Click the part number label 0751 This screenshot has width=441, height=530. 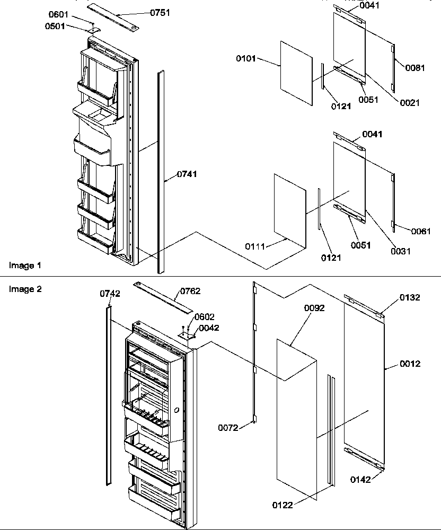pyautogui.click(x=160, y=13)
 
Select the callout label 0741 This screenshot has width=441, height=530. pyautogui.click(x=187, y=174)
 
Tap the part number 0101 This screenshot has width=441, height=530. pyautogui.click(x=246, y=59)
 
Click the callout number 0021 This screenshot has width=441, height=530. pyautogui.click(x=409, y=103)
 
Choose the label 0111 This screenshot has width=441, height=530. pyautogui.click(x=255, y=246)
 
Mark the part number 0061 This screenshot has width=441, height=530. pyautogui.click(x=420, y=231)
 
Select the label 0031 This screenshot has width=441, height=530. pyautogui.click(x=401, y=251)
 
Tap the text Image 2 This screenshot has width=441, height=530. pyautogui.click(x=25, y=289)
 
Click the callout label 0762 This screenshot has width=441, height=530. pyautogui.click(x=190, y=291)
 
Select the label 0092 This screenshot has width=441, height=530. pyautogui.click(x=314, y=308)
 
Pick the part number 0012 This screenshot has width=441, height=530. pyautogui.click(x=410, y=364)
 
